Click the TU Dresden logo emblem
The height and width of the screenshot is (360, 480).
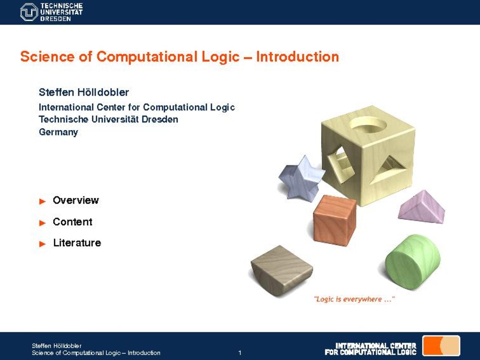(x=29, y=12)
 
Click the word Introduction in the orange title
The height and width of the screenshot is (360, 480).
(x=298, y=57)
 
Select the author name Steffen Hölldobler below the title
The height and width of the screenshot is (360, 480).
(x=84, y=92)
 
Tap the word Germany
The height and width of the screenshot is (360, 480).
(x=58, y=132)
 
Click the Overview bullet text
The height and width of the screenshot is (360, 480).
(x=76, y=200)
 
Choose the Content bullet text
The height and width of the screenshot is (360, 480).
(x=72, y=222)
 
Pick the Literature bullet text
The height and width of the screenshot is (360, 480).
(x=77, y=243)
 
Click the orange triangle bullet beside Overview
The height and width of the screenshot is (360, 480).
(x=42, y=201)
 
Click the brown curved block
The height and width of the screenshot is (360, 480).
(x=281, y=269)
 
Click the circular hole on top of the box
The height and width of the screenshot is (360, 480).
(x=368, y=125)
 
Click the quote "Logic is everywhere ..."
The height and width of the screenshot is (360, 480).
(x=354, y=299)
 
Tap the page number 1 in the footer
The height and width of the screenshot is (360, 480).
(x=240, y=353)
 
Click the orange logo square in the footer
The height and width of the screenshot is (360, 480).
(x=441, y=346)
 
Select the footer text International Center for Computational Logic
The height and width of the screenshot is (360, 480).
(x=370, y=349)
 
